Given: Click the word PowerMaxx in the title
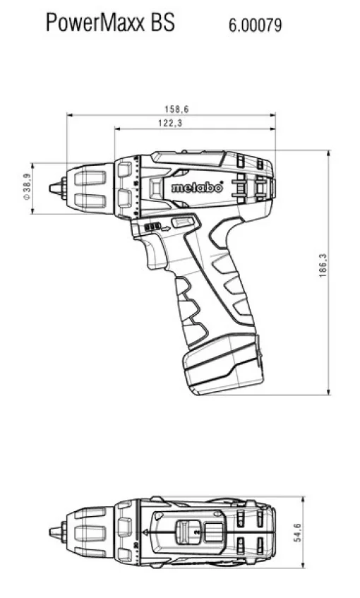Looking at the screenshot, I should (96, 23).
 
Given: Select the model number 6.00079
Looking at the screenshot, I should (255, 25).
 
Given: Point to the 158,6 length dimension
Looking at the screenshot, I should (176, 109).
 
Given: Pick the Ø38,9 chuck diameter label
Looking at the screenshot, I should (27, 188).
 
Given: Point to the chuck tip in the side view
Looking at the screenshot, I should (52, 189).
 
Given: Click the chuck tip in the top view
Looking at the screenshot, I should (52, 532).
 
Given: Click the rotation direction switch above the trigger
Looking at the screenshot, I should (151, 227).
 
